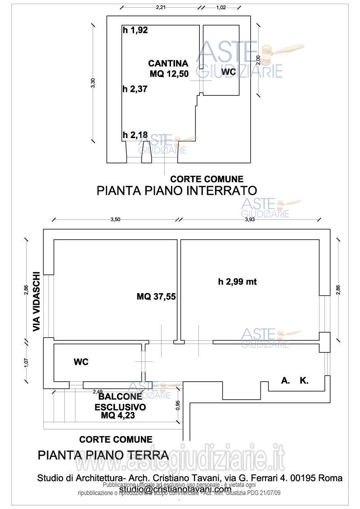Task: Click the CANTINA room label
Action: coord(168,63)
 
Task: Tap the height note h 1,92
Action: coord(135,31)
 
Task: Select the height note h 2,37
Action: coord(135,89)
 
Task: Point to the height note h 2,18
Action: coord(135,134)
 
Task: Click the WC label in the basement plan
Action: coord(229,72)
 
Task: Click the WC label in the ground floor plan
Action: coord(81,362)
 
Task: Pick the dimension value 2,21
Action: coord(161,7)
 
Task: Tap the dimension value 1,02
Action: coord(221,7)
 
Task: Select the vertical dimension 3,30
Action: coord(93,83)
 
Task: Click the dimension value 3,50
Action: coord(115,219)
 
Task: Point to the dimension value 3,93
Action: coord(250,219)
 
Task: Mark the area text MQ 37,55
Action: coord(156,296)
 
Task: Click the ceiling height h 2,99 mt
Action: coord(237,282)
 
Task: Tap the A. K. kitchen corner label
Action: coord(295,381)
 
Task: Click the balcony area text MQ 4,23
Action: coord(118,416)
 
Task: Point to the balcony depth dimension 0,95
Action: coord(178,406)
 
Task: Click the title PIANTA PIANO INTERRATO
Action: coord(176,190)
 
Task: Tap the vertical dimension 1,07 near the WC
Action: coord(27,362)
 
